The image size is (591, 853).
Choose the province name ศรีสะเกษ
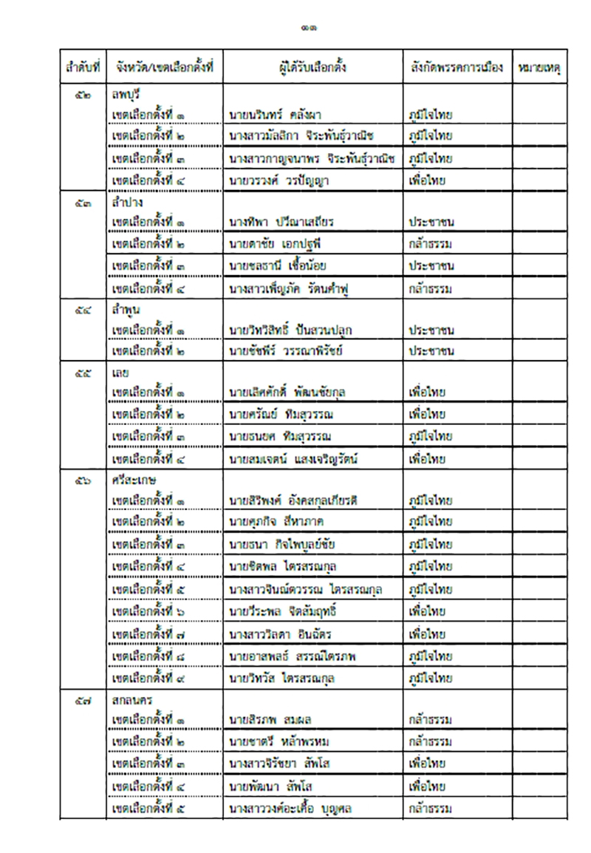130,480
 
